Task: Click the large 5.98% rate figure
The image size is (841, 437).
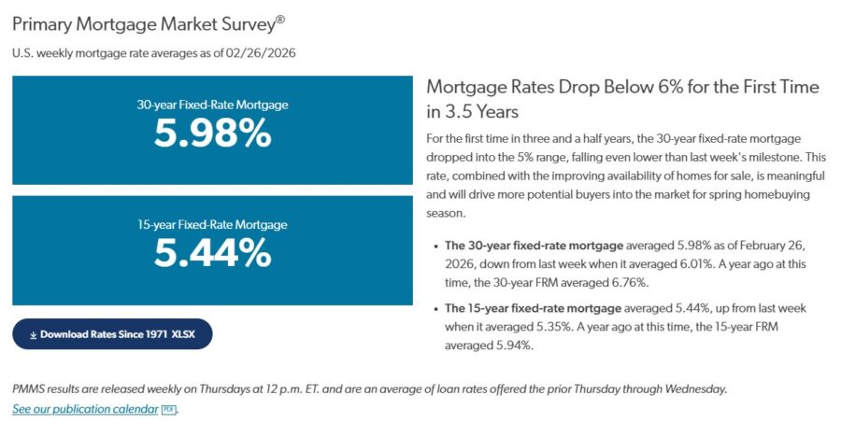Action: click(212, 134)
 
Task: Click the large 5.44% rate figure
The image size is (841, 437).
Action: click(212, 253)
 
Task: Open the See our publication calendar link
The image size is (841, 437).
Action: click(85, 409)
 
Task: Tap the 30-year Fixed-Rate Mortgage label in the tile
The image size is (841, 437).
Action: click(212, 105)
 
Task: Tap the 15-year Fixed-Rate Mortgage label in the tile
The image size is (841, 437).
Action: click(212, 224)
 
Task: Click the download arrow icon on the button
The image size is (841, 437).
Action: click(33, 333)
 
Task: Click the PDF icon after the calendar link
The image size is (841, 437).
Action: click(168, 409)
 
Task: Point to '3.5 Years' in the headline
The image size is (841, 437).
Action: click(479, 111)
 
